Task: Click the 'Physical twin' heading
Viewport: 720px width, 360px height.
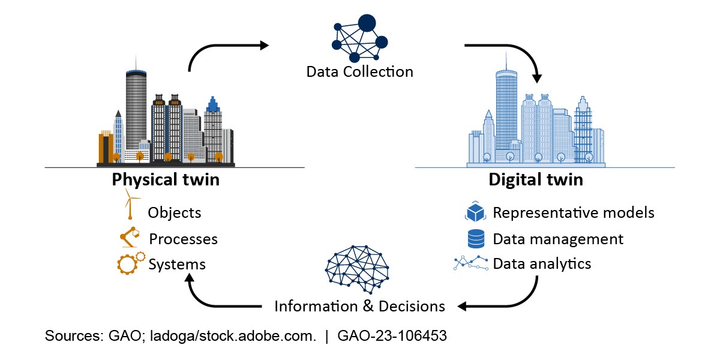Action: coord(166,179)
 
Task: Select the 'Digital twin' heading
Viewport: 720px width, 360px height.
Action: coord(535,179)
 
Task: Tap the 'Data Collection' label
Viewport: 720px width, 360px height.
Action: coord(359,72)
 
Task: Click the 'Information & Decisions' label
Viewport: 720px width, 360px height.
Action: coord(359,306)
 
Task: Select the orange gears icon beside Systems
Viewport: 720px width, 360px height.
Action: coord(130,263)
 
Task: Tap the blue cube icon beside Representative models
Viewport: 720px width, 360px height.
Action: coord(475,212)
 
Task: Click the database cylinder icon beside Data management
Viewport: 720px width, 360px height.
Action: coord(476,239)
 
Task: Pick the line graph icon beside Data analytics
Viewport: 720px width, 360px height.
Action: coord(471,263)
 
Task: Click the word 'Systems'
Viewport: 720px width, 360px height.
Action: coord(177,264)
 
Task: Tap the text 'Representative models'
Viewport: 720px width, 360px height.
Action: coord(573,212)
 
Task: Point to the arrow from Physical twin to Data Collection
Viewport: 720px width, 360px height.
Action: coord(225,48)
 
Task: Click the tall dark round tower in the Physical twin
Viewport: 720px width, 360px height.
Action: coord(136,111)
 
